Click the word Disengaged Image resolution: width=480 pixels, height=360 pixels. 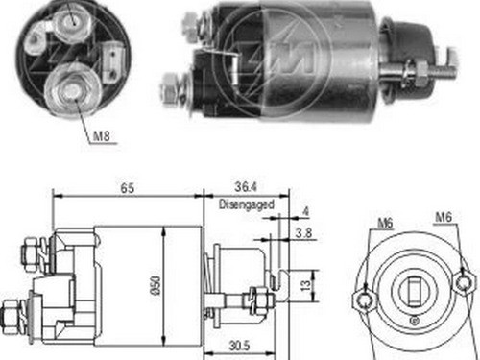click(247, 204)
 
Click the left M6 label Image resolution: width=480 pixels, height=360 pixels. click(385, 224)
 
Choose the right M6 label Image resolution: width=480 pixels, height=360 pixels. click(444, 224)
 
